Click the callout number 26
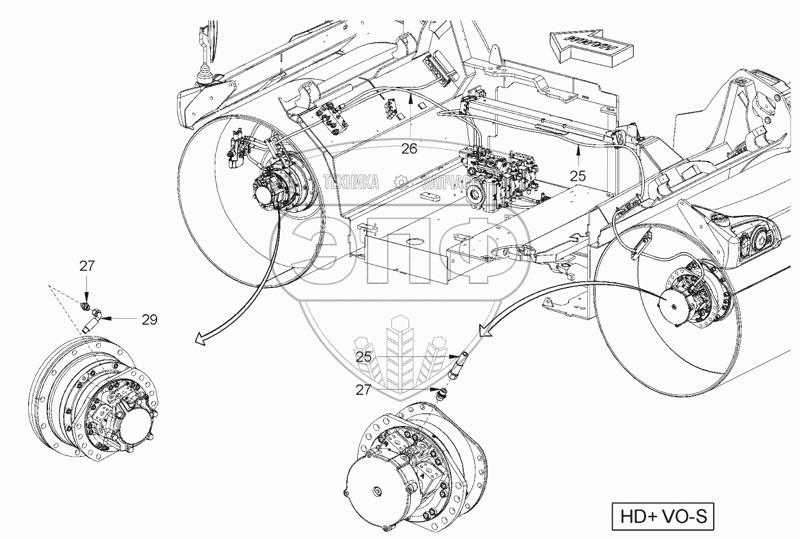pyautogui.click(x=409, y=149)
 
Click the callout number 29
pyautogui.click(x=149, y=319)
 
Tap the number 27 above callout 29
pyautogui.click(x=87, y=266)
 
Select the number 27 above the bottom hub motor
pyautogui.click(x=364, y=389)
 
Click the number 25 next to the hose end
pyautogui.click(x=364, y=357)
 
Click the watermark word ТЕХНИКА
pyautogui.click(x=351, y=183)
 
